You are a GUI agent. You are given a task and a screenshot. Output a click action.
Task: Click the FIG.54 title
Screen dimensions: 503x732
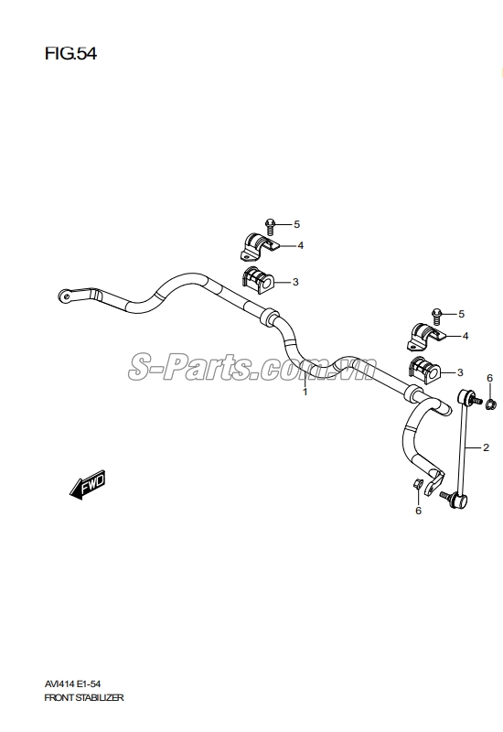70,54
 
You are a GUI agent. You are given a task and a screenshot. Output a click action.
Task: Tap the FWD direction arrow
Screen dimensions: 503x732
88,485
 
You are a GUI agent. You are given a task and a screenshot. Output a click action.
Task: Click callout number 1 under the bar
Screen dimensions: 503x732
305,392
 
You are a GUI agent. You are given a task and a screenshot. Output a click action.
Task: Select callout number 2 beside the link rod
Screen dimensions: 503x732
486,447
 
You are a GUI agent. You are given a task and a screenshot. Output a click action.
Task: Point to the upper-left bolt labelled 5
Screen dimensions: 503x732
270,226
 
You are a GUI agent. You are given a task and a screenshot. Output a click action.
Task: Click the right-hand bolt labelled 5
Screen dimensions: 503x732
437,316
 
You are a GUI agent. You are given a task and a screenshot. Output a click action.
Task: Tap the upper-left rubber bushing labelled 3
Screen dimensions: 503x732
258,281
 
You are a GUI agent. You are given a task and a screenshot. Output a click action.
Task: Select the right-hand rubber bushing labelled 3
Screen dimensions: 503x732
424,371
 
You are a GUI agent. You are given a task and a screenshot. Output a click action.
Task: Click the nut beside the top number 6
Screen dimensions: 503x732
491,404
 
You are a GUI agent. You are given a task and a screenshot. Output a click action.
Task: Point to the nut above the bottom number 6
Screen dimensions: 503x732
418,484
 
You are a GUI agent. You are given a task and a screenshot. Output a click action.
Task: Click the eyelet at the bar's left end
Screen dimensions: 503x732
65,295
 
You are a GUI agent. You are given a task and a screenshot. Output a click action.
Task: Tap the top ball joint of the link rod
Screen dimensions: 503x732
468,398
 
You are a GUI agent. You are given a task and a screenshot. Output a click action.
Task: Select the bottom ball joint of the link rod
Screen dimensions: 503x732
456,500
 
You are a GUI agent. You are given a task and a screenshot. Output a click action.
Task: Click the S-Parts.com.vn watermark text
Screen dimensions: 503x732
252,368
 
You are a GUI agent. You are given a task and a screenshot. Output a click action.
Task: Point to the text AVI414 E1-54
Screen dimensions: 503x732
72,684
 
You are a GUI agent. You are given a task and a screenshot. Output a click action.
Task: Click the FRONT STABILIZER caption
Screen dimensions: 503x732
84,698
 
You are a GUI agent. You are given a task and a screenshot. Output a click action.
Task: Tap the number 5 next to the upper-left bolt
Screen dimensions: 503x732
296,224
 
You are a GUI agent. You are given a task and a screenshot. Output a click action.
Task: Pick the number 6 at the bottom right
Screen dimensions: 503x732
418,511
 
